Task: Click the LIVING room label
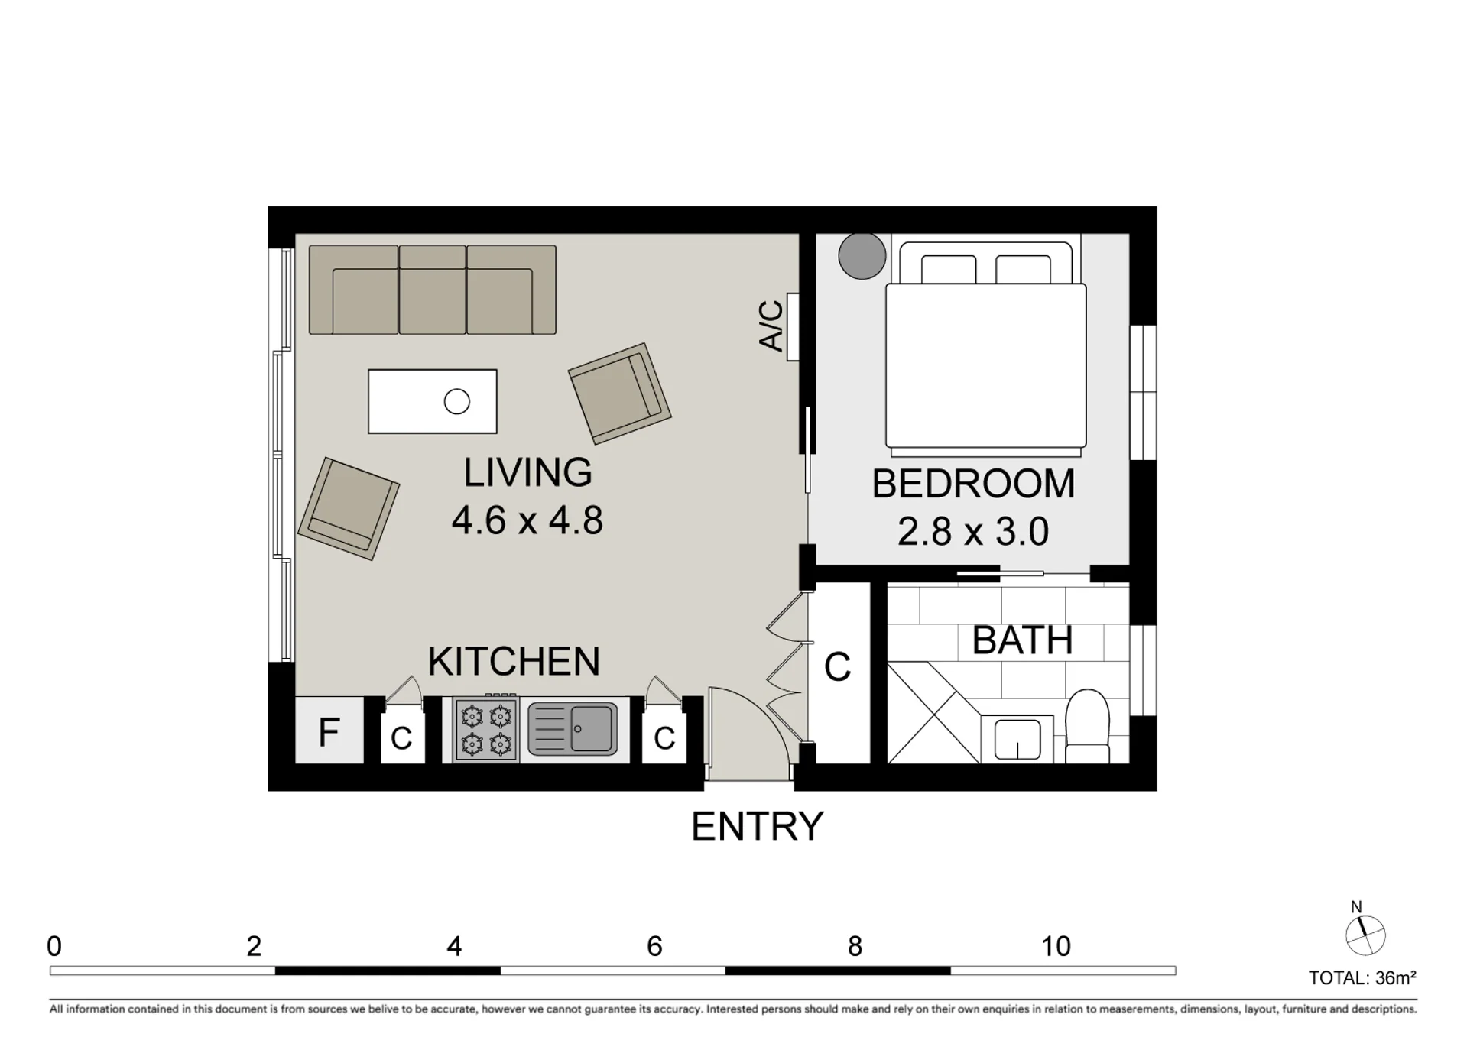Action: coord(527,472)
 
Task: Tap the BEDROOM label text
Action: coord(973,484)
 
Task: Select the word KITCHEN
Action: coord(514,661)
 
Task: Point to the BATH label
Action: coord(1023,640)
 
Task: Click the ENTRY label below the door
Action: coord(758,826)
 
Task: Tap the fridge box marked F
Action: coord(329,730)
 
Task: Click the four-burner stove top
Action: coord(486,730)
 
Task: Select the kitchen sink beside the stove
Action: coord(573,728)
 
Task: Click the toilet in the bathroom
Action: coord(1087,727)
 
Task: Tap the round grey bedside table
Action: coord(862,255)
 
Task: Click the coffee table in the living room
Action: coord(433,401)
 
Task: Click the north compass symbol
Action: coord(1365,935)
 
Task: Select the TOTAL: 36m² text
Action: coord(1362,977)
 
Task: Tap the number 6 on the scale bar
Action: coord(654,947)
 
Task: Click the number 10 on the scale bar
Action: coord(1056,947)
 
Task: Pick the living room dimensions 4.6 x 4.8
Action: coord(527,520)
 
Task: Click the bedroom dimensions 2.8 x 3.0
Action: coord(973,532)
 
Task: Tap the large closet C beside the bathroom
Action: coord(839,672)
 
